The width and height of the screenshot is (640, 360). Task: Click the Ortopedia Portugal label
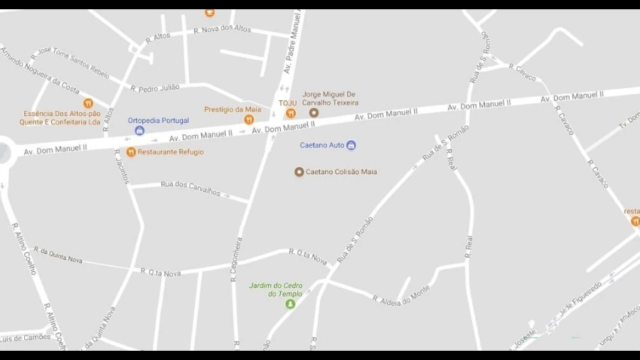(159, 120)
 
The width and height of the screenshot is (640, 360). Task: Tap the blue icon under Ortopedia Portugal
(139, 131)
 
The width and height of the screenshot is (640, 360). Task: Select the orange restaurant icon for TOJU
(290, 114)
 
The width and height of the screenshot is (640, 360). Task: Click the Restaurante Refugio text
(171, 152)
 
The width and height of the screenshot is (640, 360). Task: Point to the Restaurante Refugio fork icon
(131, 152)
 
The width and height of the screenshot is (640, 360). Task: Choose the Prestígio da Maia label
(233, 109)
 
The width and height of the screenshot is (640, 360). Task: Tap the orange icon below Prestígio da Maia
(249, 120)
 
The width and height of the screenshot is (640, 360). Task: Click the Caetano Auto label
(321, 145)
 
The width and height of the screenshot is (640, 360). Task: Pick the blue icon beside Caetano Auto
(351, 145)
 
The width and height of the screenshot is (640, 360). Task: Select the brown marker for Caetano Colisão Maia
(299, 171)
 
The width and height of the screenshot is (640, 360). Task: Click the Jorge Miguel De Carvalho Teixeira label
(330, 98)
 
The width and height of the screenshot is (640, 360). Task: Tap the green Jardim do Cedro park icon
(290, 304)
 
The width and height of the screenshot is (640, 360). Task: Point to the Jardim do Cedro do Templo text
(275, 290)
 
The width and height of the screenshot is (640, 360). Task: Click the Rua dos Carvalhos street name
(191, 188)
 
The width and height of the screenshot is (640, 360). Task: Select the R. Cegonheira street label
(237, 260)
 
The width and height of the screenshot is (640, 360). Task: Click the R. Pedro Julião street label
(155, 88)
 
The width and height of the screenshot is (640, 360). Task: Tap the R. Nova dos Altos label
(223, 29)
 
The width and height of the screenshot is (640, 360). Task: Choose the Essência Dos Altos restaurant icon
(88, 103)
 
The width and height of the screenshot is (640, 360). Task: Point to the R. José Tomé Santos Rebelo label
(70, 61)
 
